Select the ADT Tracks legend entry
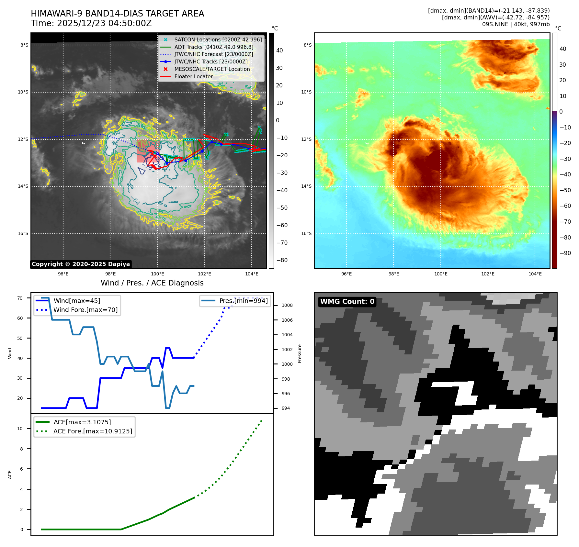(x=214, y=47)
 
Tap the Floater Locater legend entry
(x=193, y=76)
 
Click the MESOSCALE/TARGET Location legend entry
(x=212, y=69)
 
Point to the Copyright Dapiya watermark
(x=81, y=264)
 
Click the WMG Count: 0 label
(x=347, y=302)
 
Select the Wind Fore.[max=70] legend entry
(x=85, y=310)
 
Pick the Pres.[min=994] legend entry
(x=243, y=301)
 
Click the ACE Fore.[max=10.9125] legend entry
(x=93, y=431)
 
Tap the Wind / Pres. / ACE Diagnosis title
(x=152, y=283)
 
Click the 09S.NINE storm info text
(x=516, y=24)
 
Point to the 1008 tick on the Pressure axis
(x=287, y=305)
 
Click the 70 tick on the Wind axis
(x=20, y=298)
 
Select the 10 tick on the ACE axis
(x=20, y=429)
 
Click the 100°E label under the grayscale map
(x=157, y=274)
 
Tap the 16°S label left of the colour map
(x=306, y=233)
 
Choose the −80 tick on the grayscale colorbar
(x=282, y=260)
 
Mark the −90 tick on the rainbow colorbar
(x=565, y=253)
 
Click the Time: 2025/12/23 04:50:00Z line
(x=91, y=23)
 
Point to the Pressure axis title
(x=300, y=353)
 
